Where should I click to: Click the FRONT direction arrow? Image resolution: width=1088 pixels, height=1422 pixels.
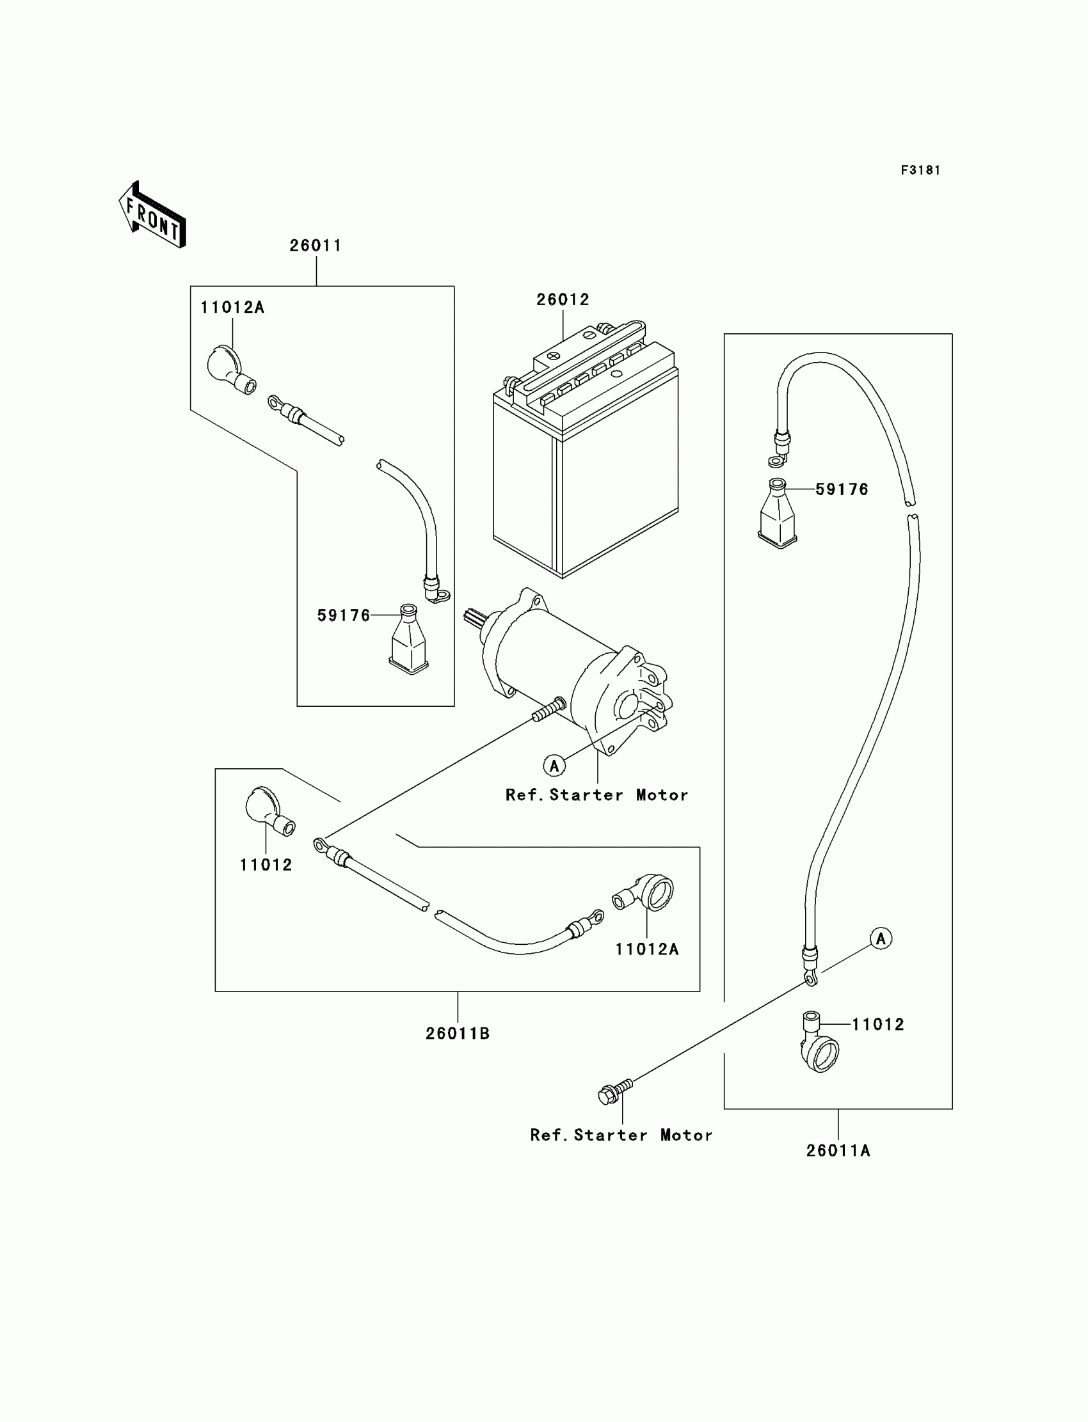(153, 215)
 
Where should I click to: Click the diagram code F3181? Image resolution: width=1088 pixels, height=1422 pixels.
(920, 170)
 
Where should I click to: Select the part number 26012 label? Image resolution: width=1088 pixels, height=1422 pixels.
(563, 299)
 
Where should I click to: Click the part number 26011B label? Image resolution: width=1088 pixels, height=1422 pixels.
(457, 1034)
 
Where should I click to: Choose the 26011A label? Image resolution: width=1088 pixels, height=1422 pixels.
(838, 1150)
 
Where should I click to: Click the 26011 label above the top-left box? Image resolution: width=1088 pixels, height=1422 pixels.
(316, 245)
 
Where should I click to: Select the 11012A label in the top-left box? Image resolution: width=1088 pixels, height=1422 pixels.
(232, 308)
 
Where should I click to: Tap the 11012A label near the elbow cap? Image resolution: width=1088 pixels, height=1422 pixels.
(647, 949)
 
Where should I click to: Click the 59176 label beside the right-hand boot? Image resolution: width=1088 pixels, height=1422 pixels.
(842, 489)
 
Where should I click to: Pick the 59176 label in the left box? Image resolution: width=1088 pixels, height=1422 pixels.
(344, 615)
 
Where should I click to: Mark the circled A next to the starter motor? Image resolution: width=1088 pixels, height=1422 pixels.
(554, 766)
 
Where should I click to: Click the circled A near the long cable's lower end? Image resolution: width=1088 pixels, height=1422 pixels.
(880, 938)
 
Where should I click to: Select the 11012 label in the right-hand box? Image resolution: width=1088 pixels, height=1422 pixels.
(877, 1024)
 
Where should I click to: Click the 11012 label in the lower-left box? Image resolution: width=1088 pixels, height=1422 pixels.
(266, 865)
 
